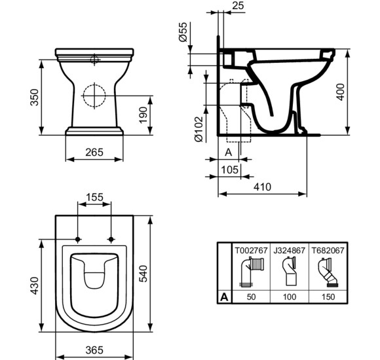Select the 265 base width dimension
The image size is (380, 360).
click(94, 153)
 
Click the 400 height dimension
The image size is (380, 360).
click(358, 91)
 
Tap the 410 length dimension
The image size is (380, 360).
click(262, 187)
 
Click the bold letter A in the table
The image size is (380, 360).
click(225, 297)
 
